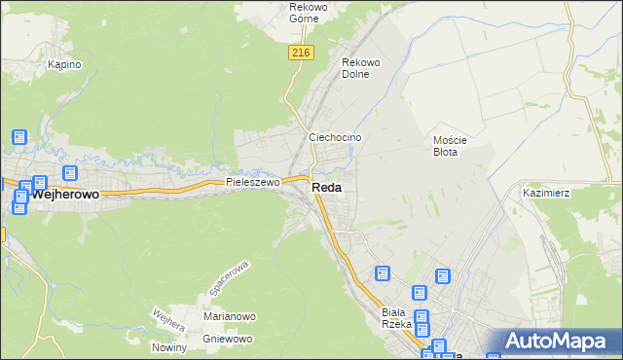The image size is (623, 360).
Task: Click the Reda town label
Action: (x=326, y=188)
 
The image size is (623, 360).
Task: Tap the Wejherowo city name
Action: (x=65, y=195)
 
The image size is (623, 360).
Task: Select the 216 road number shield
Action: (x=300, y=54)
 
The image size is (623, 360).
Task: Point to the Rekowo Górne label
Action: (x=311, y=13)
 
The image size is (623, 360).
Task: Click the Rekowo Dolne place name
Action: (x=360, y=68)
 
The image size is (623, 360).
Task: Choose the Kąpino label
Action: (x=64, y=64)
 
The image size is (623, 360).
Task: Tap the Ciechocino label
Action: (x=335, y=138)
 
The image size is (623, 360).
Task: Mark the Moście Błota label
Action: (x=450, y=145)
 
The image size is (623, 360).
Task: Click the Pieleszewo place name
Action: (x=252, y=182)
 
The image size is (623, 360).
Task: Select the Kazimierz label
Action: (x=546, y=193)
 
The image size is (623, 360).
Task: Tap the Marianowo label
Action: (x=229, y=317)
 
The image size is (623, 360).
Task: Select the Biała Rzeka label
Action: (x=397, y=317)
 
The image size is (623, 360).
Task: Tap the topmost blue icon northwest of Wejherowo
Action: (x=18, y=138)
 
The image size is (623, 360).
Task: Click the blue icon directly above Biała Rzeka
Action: (x=382, y=274)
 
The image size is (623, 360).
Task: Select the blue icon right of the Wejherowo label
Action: (x=70, y=172)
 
